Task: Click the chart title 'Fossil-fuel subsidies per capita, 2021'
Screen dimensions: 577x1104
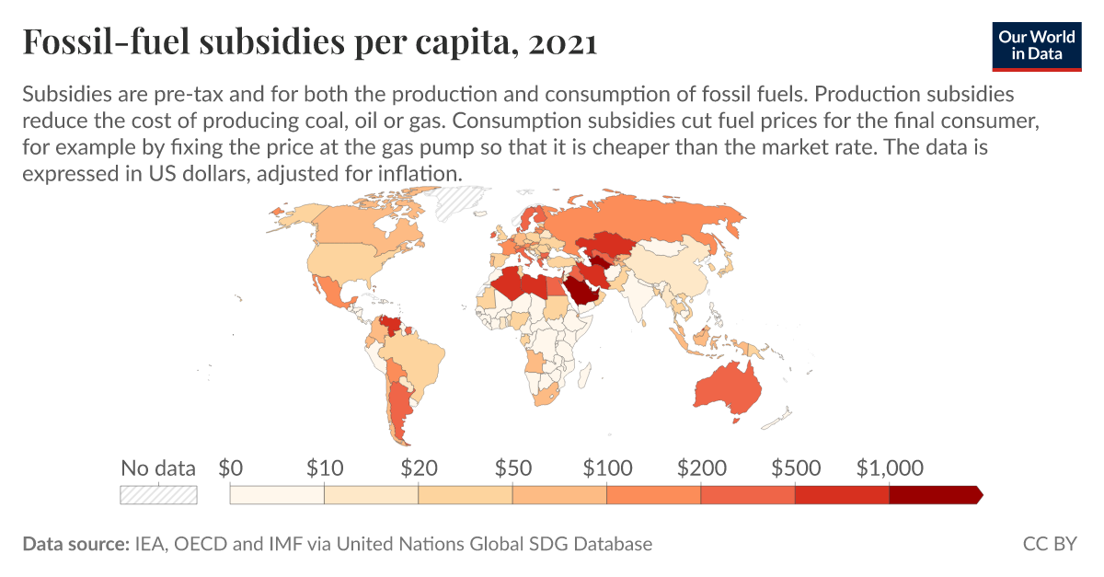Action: point(310,42)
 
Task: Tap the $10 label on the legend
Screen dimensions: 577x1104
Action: point(325,467)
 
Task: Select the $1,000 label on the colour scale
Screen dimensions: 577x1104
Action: point(889,467)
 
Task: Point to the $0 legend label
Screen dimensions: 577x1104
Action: point(230,467)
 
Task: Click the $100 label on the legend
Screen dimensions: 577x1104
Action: point(607,467)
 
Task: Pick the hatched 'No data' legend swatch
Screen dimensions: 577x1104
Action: point(158,494)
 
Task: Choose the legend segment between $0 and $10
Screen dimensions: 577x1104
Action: point(277,494)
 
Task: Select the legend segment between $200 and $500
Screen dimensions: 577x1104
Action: point(747,494)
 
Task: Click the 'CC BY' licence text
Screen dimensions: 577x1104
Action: point(1049,544)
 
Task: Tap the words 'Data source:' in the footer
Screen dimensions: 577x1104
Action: point(74,544)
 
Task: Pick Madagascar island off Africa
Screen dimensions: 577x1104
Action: point(587,373)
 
